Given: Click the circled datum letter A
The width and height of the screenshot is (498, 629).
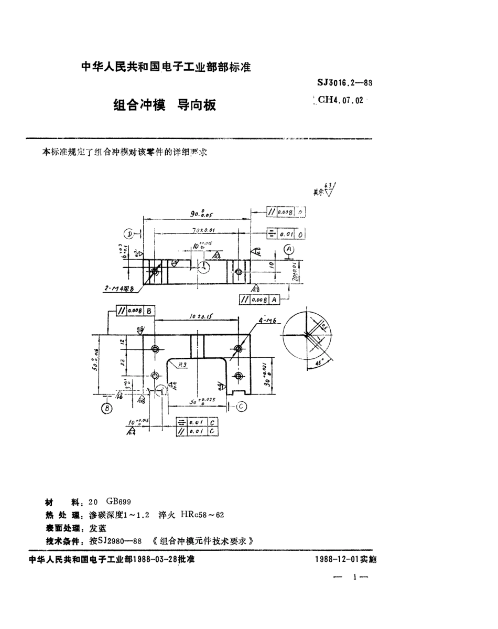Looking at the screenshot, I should pyautogui.click(x=289, y=249).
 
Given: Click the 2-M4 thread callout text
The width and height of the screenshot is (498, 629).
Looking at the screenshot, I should pyautogui.click(x=121, y=287).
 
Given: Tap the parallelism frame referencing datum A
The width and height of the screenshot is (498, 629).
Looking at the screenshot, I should pyautogui.click(x=259, y=300).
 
